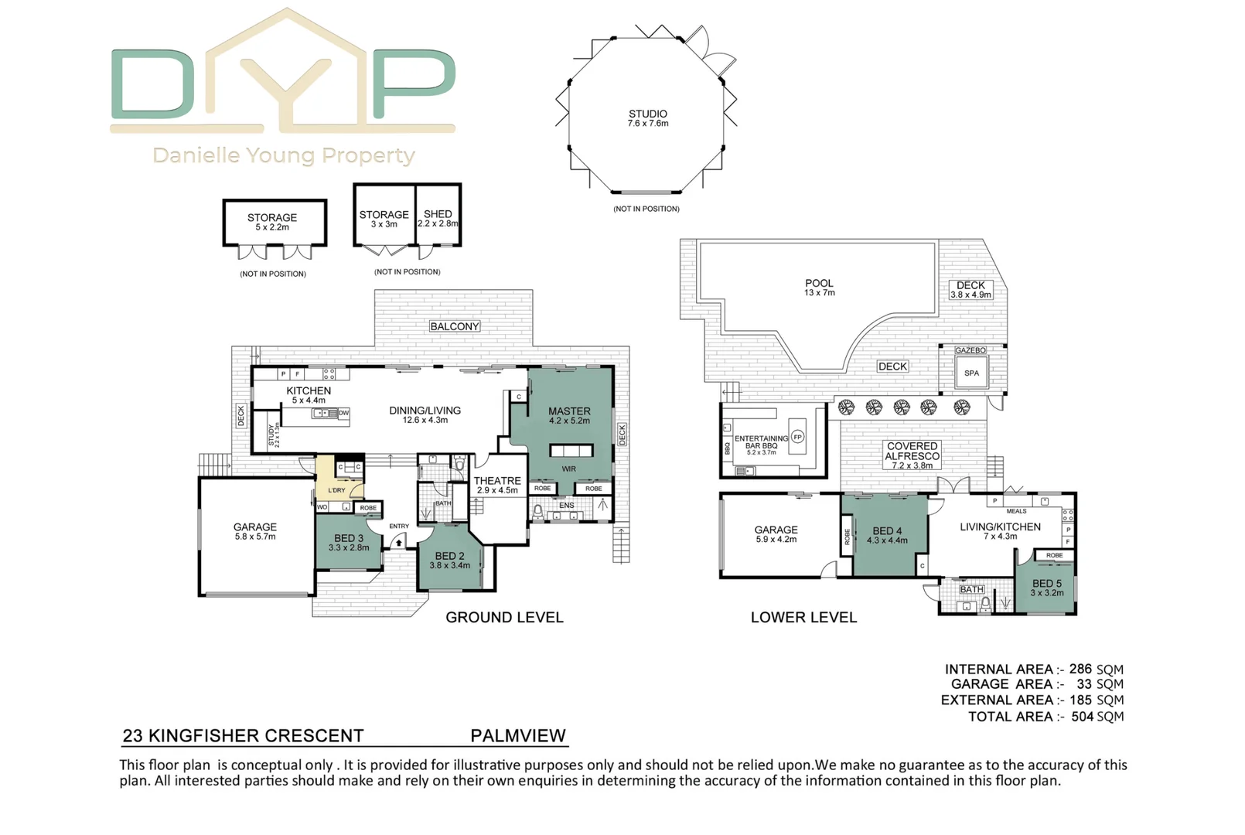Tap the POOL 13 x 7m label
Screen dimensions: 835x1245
pos(820,288)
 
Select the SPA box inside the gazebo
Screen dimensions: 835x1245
pos(971,373)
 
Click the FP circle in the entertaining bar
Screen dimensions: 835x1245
pos(797,437)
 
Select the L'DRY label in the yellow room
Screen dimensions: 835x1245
pos(337,490)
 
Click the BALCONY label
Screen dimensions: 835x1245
pos(455,326)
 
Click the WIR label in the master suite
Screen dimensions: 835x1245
pos(569,469)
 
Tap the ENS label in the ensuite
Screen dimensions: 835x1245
pos(567,506)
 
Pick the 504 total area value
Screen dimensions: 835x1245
pos(1082,717)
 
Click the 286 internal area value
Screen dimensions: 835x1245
pos(1080,670)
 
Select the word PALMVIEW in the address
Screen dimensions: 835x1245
pos(518,736)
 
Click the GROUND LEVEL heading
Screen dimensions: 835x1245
pos(504,618)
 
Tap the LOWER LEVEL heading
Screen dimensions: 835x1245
pos(803,618)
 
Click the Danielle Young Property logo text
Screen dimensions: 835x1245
pos(284,155)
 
